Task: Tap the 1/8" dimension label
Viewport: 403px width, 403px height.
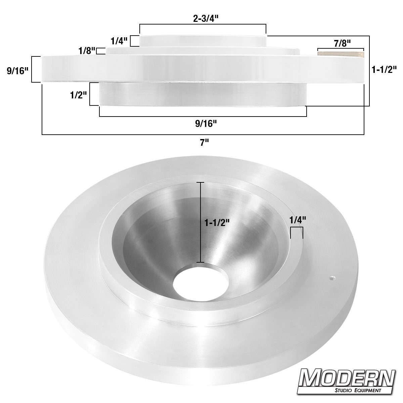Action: (x=86, y=51)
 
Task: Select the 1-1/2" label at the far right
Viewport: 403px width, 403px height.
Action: (x=384, y=70)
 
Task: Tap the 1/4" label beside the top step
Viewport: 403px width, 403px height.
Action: (x=119, y=41)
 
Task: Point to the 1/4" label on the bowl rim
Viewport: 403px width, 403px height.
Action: (x=298, y=220)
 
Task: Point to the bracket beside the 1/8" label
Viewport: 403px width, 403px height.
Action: (x=100, y=51)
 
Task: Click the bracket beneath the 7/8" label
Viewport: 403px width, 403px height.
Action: (x=340, y=49)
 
